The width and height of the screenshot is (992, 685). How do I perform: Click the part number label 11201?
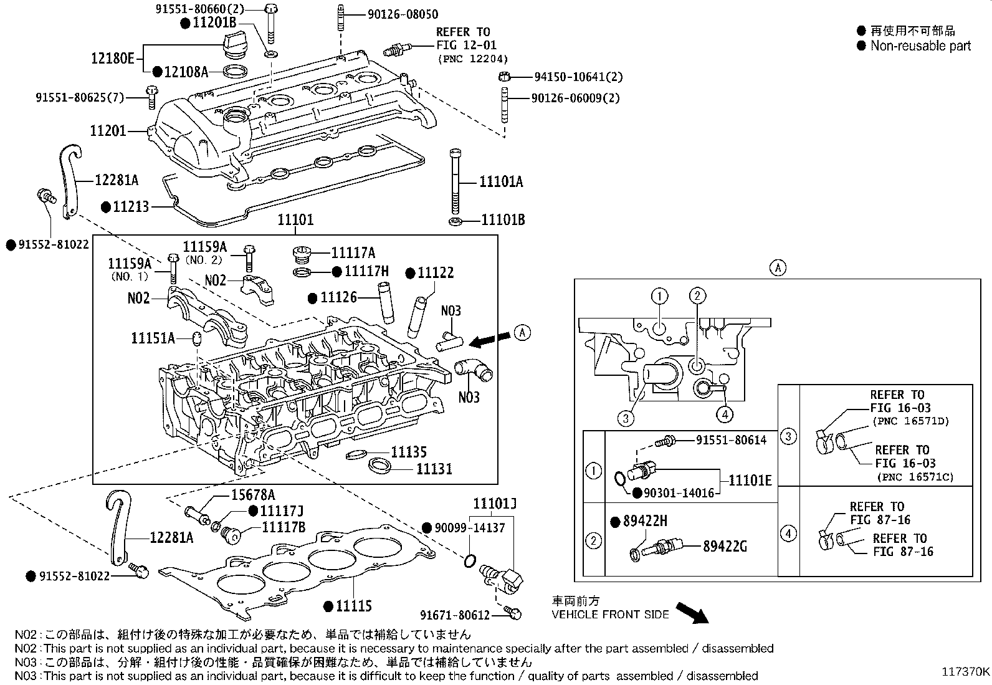tap(108, 131)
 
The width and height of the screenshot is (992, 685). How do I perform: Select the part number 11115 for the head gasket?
tap(353, 606)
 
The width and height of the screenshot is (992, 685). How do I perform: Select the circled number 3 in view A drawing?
tap(626, 418)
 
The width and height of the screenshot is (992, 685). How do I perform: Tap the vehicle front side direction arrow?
tap(692, 612)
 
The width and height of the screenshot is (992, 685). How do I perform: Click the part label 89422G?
tap(725, 547)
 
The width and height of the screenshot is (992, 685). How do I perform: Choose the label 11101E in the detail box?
tap(750, 480)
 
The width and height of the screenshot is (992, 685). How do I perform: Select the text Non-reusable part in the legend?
tap(920, 46)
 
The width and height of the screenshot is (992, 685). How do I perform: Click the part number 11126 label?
tap(338, 297)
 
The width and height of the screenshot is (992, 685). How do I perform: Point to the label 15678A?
tap(253, 495)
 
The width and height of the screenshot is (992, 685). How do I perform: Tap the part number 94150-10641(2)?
tap(578, 77)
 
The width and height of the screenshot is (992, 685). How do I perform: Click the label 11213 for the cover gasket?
tap(131, 206)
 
